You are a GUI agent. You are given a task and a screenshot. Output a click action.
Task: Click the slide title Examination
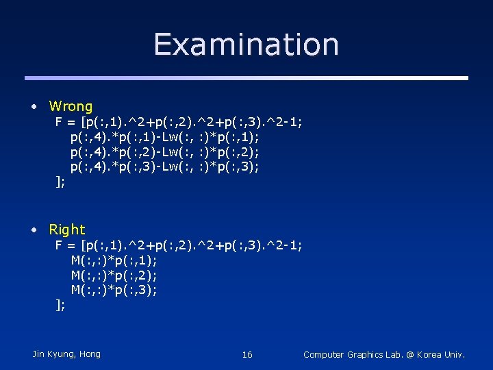tap(246, 44)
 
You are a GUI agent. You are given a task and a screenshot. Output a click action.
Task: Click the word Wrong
tap(71, 106)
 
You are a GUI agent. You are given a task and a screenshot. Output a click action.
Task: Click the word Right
tap(67, 230)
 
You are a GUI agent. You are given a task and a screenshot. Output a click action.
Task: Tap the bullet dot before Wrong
tap(34, 106)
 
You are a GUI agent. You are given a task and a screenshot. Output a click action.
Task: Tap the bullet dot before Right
tap(34, 230)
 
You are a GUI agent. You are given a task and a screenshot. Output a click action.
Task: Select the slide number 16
tap(247, 354)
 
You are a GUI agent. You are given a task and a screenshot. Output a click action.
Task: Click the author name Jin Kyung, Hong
tap(66, 354)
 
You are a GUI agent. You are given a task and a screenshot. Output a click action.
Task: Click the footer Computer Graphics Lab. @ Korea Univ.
tap(384, 354)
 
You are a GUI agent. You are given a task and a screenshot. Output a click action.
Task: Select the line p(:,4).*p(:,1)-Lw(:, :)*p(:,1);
tap(164, 137)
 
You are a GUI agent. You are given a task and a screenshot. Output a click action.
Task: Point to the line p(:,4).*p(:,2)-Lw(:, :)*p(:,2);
tap(164, 151)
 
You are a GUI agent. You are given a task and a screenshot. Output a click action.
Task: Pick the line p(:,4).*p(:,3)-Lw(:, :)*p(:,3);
tap(164, 166)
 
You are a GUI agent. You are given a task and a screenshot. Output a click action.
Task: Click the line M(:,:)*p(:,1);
tap(114, 260)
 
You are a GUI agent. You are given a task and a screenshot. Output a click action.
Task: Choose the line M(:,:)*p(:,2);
tap(114, 275)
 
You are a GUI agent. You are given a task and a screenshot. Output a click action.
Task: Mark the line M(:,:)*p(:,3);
tap(114, 290)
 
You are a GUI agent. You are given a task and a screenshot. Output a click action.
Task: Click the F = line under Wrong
tap(179, 122)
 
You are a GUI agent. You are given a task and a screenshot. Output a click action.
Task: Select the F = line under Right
tap(179, 245)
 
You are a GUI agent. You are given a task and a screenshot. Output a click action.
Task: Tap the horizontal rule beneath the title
tap(246, 77)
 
